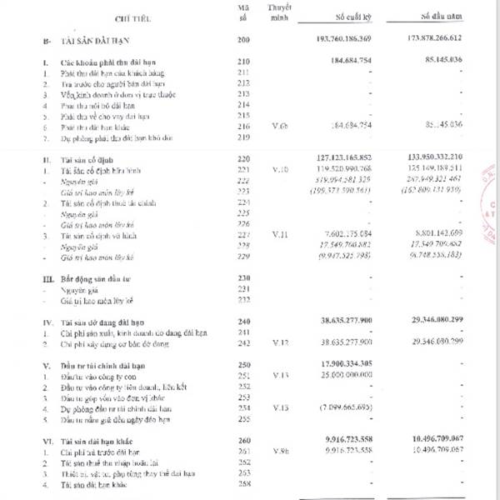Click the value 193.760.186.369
(x=357, y=40)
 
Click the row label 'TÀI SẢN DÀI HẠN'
(x=92, y=40)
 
